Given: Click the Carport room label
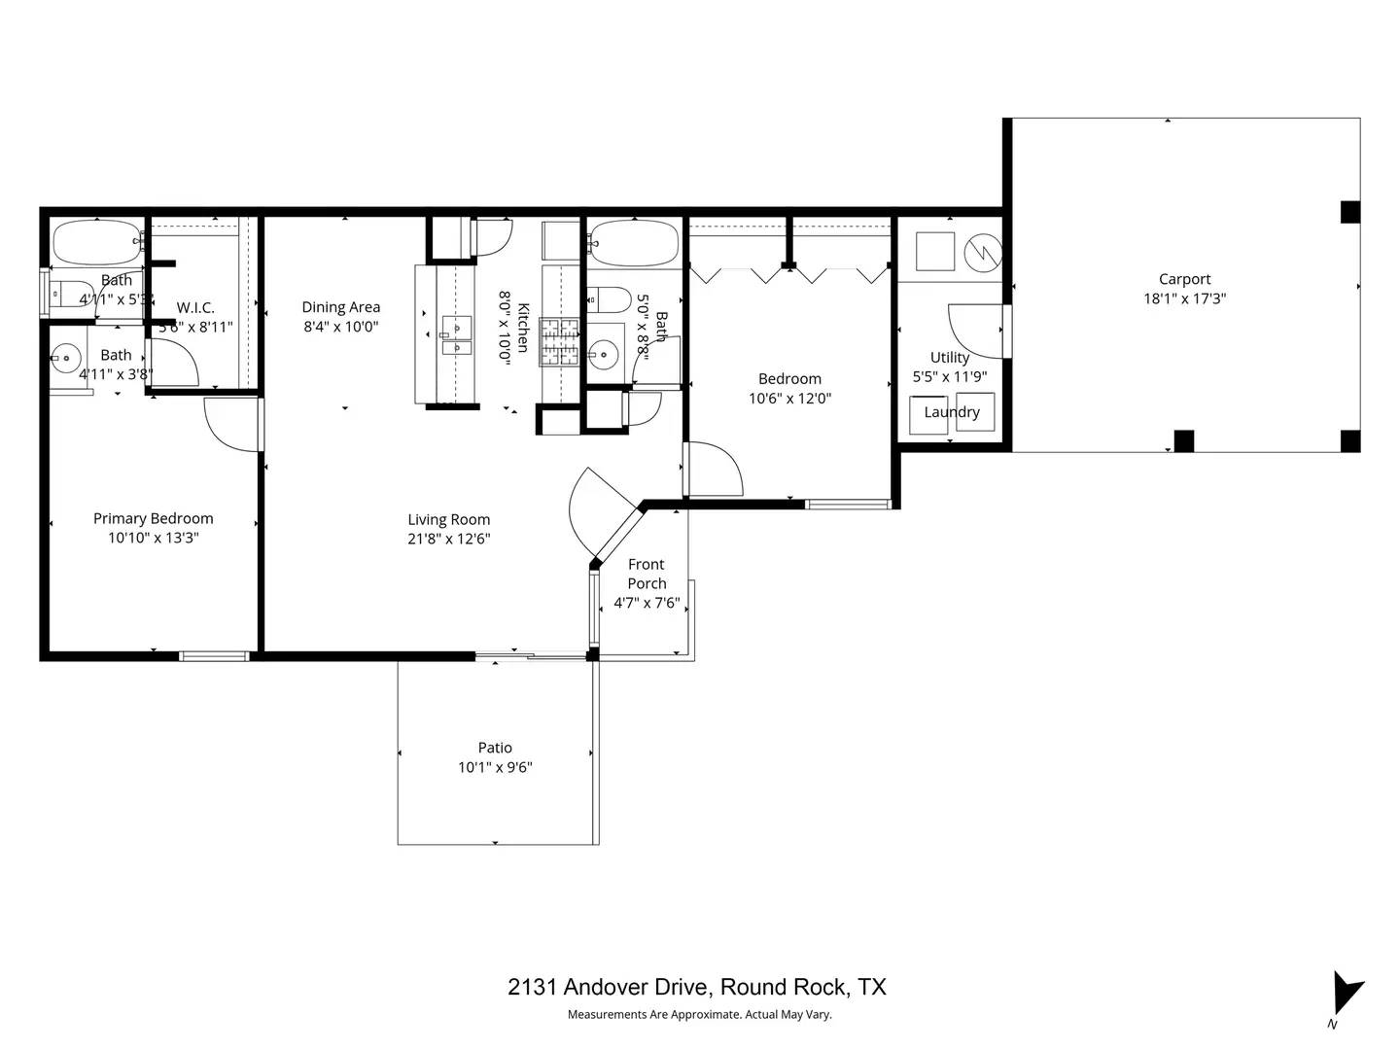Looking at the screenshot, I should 1184,279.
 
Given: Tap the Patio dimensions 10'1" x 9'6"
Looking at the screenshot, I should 495,768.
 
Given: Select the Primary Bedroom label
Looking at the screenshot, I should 153,519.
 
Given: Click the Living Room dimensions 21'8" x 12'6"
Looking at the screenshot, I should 448,540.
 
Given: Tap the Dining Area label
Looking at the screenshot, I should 340,307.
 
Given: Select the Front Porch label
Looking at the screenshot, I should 647,574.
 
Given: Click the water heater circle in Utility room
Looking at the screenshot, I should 982,253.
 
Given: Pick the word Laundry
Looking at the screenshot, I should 951,412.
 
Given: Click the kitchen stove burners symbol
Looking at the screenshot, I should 560,342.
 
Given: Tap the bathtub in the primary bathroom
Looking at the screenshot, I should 97,242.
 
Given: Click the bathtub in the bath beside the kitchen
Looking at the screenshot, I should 633,242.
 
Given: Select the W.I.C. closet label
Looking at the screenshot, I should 195,308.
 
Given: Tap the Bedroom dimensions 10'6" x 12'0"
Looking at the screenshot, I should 789,399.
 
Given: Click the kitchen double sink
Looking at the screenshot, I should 456,334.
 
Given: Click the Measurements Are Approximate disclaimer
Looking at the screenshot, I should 699,1015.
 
